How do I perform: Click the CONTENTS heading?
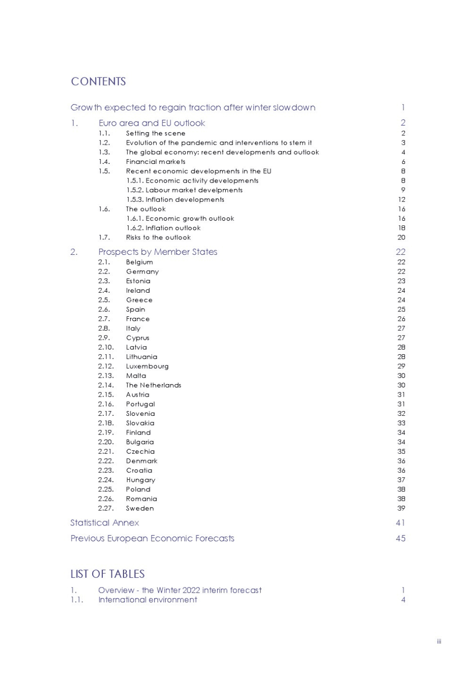click(98, 82)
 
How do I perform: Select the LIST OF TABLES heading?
click(108, 574)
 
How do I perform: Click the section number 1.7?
click(104, 237)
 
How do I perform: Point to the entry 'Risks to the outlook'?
click(159, 237)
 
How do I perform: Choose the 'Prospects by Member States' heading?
click(158, 252)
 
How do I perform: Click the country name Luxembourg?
click(147, 366)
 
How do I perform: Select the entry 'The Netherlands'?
click(154, 385)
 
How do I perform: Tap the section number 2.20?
click(106, 442)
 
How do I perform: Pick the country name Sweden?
click(140, 508)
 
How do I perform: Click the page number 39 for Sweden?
click(401, 508)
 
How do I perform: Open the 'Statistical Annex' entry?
click(105, 523)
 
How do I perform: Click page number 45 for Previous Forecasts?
click(401, 538)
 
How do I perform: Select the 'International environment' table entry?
click(147, 600)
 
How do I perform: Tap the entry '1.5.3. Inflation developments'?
click(175, 200)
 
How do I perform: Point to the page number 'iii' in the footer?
click(439, 641)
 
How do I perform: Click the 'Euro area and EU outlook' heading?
click(152, 123)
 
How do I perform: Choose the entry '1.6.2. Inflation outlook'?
click(164, 228)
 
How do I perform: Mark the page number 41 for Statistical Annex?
click(401, 523)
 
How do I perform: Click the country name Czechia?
click(140, 451)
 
